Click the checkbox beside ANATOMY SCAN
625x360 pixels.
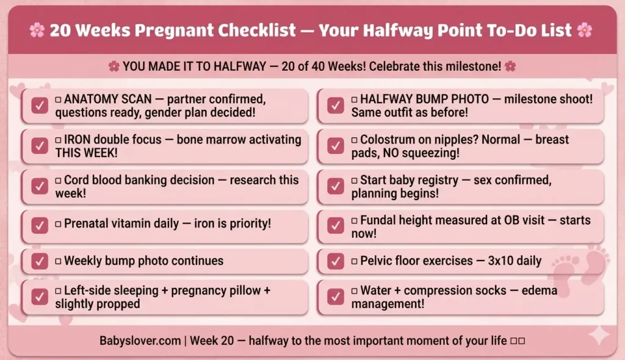click(40, 106)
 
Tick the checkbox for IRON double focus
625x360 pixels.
click(40, 146)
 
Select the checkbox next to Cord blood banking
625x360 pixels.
click(40, 187)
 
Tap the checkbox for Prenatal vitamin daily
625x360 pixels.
click(40, 225)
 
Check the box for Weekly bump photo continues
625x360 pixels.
click(40, 261)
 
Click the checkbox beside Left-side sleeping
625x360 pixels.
click(40, 297)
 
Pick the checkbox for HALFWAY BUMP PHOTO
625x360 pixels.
click(336, 106)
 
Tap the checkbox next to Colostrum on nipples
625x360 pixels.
click(336, 146)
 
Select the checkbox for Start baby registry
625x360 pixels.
click(336, 187)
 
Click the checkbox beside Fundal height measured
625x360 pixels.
click(336, 226)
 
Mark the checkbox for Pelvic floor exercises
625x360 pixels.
click(336, 261)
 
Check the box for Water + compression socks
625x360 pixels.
click(336, 297)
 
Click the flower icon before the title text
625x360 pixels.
click(37, 30)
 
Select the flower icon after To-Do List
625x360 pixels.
click(585, 30)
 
